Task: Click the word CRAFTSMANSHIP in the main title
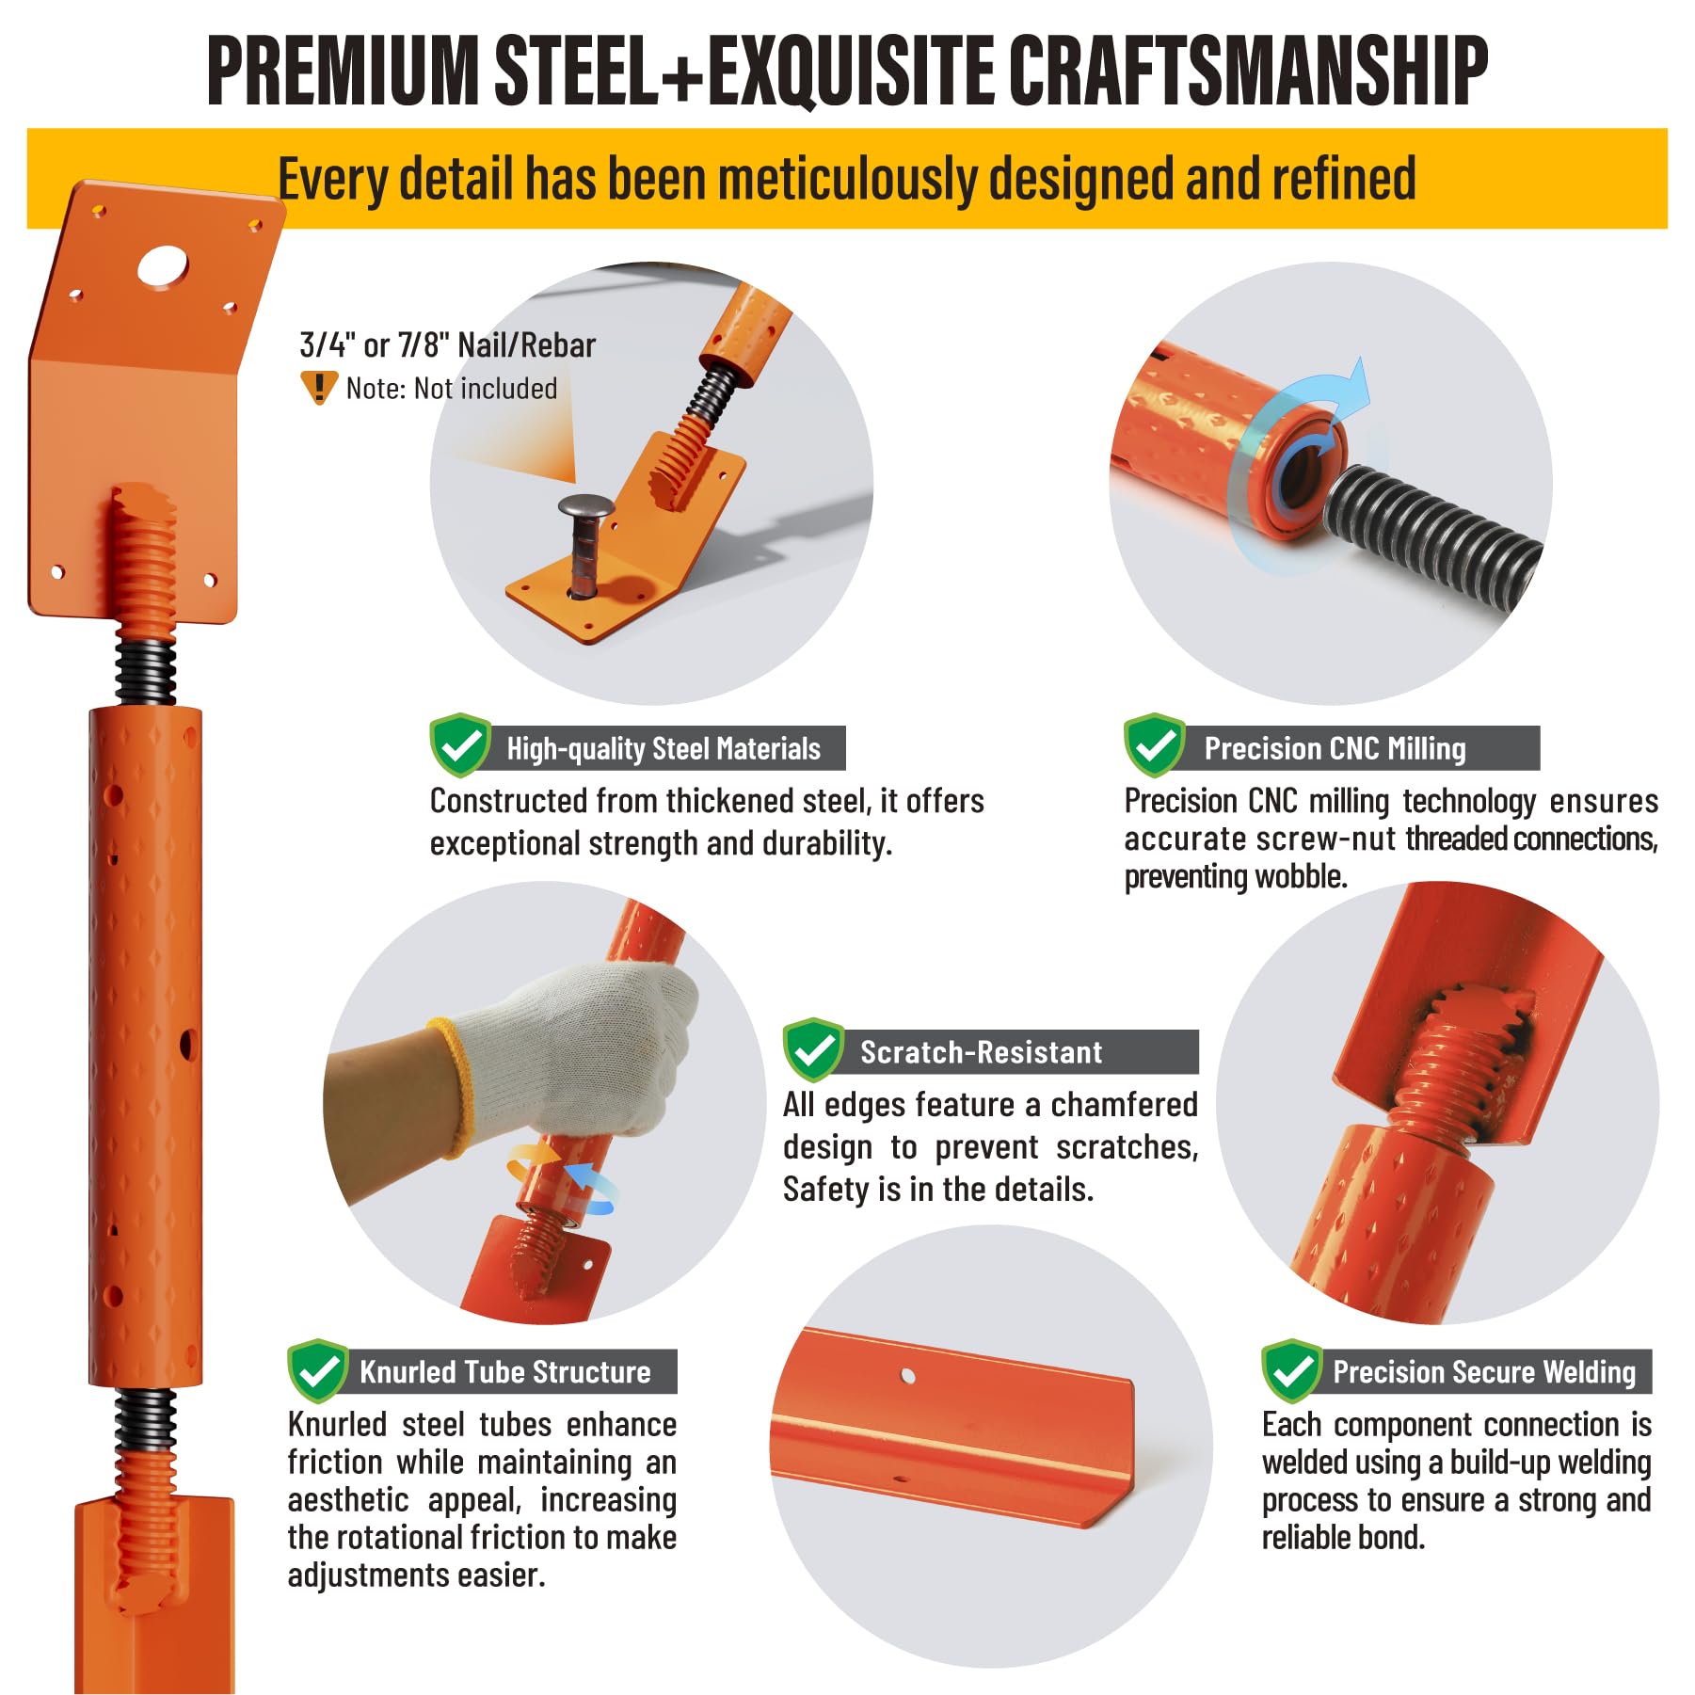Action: (x=1248, y=71)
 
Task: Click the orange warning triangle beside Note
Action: (x=319, y=387)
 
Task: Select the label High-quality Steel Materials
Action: (x=664, y=748)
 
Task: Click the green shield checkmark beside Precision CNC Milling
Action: (x=1154, y=746)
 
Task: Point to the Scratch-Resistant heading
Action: (x=982, y=1051)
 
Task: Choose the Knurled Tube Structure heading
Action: (x=505, y=1371)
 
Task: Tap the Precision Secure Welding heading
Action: (x=1484, y=1371)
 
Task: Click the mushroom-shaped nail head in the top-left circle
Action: (x=585, y=507)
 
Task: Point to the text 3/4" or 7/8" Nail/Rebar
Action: (x=448, y=345)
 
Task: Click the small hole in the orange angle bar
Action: (x=908, y=1376)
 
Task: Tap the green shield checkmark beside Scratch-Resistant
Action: (x=813, y=1049)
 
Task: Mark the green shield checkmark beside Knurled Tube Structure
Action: (x=318, y=1370)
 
